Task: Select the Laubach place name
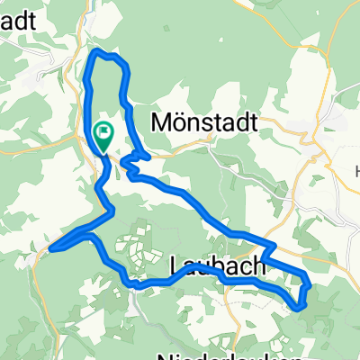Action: click(x=217, y=265)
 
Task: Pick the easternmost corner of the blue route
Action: click(x=310, y=286)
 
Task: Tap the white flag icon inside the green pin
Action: click(x=103, y=134)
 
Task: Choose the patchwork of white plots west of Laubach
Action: click(x=135, y=243)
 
